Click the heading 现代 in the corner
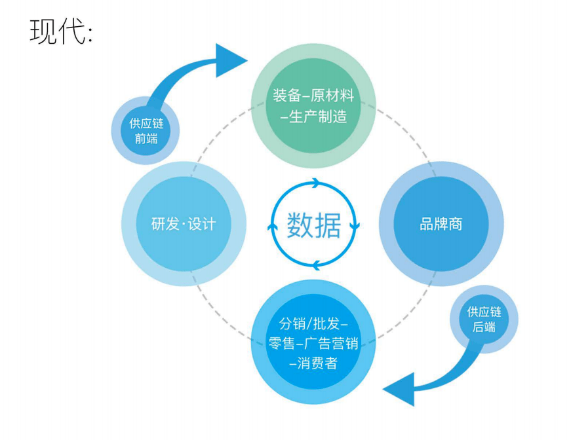coord(60,31)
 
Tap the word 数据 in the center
coord(313,225)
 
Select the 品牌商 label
coord(441,224)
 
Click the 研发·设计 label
coord(183,224)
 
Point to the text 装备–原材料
coord(313,96)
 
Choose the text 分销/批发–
coord(313,323)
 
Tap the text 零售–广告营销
coord(313,343)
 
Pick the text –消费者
coord(313,363)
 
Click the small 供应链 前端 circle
coord(144,130)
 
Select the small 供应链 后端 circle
coord(484,320)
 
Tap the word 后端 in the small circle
coord(484,327)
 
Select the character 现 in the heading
coord(43,31)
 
